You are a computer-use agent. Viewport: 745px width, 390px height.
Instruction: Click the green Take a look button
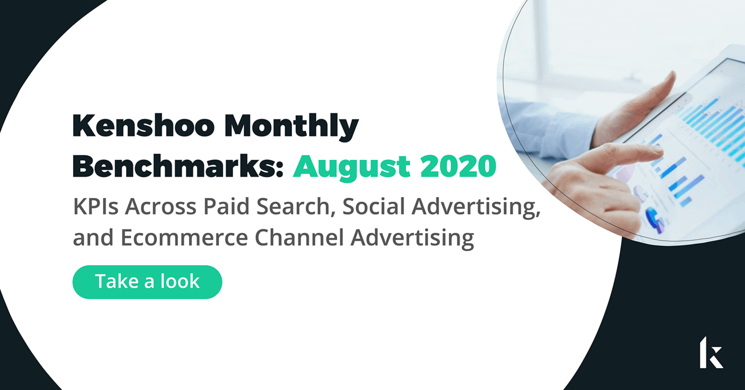(147, 282)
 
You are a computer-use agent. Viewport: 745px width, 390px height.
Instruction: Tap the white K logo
(711, 352)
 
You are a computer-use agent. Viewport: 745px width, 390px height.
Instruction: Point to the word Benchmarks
(177, 167)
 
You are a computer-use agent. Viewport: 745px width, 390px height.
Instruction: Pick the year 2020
(458, 167)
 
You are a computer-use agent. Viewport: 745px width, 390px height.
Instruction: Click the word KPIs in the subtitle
(96, 207)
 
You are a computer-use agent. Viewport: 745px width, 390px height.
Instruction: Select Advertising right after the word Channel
(412, 238)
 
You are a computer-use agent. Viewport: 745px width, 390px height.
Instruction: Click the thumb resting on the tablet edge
(663, 83)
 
